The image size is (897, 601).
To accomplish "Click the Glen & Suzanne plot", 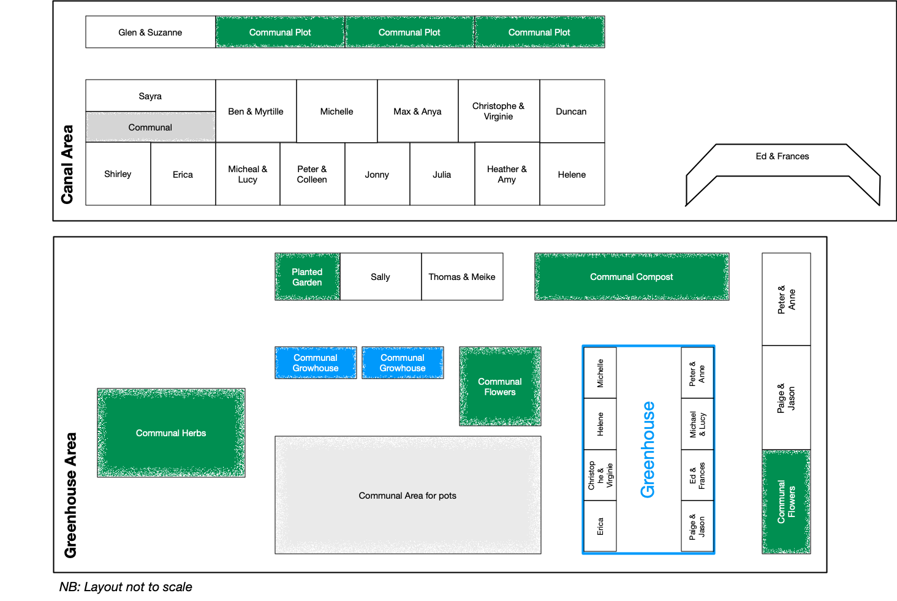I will (x=150, y=32).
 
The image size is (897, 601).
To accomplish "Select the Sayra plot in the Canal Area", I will (x=150, y=96).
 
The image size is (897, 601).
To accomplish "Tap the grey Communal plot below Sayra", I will (x=150, y=127).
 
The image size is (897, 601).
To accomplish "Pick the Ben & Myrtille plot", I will (x=255, y=112).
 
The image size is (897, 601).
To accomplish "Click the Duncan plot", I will (x=571, y=112).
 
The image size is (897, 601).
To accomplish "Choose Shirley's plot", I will (x=118, y=174).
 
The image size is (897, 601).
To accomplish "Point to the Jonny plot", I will (x=377, y=175).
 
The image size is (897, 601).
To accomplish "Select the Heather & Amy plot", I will (x=507, y=175).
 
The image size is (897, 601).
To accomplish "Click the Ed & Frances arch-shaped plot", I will (x=782, y=157).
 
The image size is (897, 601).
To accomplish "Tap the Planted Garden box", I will (x=307, y=277).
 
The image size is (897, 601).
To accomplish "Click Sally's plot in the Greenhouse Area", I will (x=380, y=277).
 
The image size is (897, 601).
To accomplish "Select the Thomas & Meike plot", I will (x=461, y=277).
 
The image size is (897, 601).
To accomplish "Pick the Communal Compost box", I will (x=631, y=277).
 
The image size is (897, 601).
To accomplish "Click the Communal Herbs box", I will (x=171, y=433).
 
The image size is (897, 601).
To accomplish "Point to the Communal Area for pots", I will (x=407, y=496).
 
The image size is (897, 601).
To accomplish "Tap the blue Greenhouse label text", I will (x=648, y=450).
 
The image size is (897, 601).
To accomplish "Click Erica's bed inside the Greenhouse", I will (x=600, y=526).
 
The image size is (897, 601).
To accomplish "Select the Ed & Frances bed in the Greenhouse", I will (x=697, y=475).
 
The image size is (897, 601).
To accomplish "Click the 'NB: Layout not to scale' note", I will (x=126, y=587).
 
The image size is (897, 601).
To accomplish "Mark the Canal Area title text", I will (x=67, y=164).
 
